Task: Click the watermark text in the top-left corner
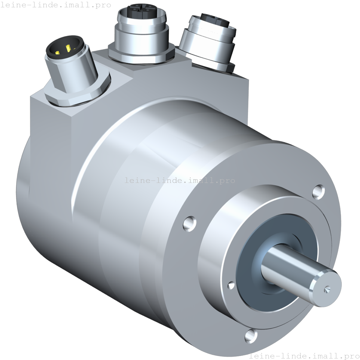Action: pyautogui.click(x=56, y=5)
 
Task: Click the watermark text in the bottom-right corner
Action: pyautogui.click(x=304, y=356)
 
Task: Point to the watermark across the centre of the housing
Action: pyautogui.click(x=180, y=180)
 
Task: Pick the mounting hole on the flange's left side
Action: pyautogui.click(x=190, y=223)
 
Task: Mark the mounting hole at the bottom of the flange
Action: pyautogui.click(x=251, y=335)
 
